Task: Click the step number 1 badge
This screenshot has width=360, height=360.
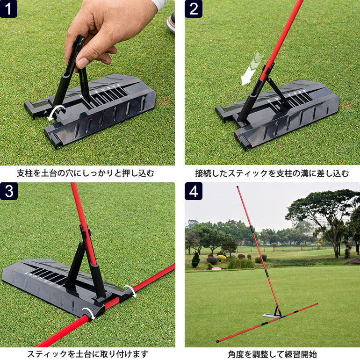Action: (x=9, y=9)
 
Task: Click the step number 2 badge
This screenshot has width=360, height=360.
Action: (x=193, y=9)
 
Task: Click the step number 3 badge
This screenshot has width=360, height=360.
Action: (x=9, y=191)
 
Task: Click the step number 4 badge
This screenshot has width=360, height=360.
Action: (x=193, y=191)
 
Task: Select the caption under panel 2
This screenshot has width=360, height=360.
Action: (x=272, y=173)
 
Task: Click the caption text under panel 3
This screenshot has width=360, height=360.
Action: (x=87, y=354)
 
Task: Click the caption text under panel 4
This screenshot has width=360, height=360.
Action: (x=272, y=354)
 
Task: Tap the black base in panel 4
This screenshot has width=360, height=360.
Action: (x=274, y=315)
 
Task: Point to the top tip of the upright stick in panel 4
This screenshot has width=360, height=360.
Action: (x=238, y=187)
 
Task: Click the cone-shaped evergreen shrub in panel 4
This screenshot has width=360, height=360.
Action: (x=195, y=259)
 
